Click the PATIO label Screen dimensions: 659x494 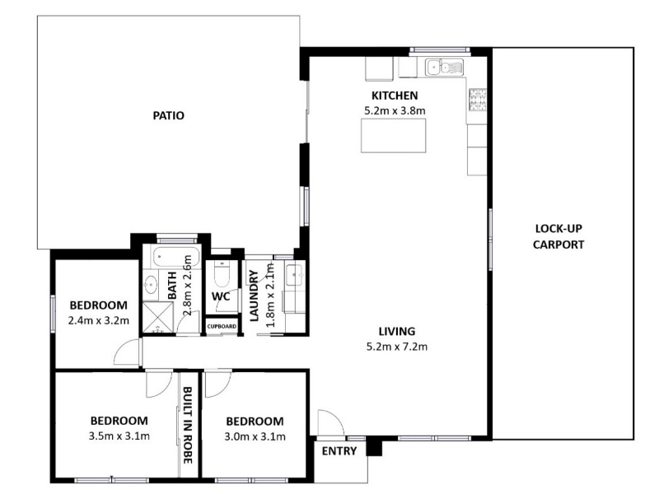[x=169, y=115]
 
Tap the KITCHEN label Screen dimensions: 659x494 [x=395, y=96]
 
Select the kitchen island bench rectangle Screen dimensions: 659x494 [x=394, y=135]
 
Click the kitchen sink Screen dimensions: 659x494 [x=444, y=68]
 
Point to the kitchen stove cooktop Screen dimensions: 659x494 [x=478, y=100]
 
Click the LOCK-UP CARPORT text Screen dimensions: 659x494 [x=559, y=236]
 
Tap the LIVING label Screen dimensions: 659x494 [x=397, y=332]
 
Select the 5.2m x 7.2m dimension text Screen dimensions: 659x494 [x=397, y=347]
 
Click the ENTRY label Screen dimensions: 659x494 [x=339, y=451]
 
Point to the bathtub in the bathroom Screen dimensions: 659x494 [x=172, y=257]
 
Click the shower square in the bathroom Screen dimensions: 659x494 [x=158, y=317]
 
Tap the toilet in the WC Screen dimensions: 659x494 [x=221, y=273]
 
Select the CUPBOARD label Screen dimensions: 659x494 [x=222, y=326]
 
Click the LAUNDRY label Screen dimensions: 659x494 [x=255, y=296]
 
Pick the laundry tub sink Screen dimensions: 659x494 [x=295, y=275]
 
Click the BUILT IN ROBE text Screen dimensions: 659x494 [x=188, y=425]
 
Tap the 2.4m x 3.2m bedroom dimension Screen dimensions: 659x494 [x=98, y=321]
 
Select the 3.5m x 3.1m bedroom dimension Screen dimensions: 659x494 [x=119, y=436]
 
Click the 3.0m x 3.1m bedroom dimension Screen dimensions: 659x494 [x=255, y=437]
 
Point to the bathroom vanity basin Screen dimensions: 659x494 [x=150, y=284]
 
